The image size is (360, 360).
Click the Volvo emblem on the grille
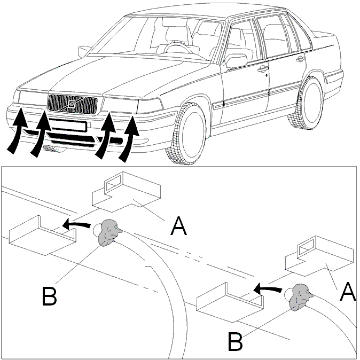coord(72,105)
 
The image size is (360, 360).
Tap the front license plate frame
coord(67,126)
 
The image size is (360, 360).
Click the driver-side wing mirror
coord(236,61)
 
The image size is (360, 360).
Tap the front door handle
coord(263,69)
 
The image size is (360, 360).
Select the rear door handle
coord(300,59)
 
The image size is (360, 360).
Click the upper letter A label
coord(178,226)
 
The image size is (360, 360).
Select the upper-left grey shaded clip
coord(108,232)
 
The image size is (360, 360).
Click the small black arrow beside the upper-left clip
coord(76,224)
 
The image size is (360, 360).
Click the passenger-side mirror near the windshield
coord(83,51)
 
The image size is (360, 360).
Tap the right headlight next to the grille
coord(120,105)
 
